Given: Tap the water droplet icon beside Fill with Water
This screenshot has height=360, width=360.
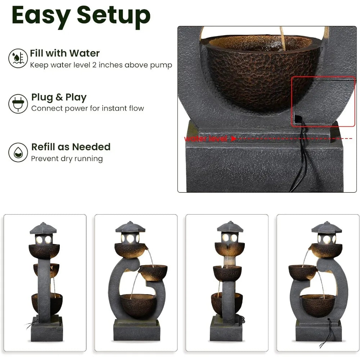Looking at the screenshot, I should [x=18, y=58].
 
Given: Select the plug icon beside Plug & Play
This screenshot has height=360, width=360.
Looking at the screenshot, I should [x=18, y=103].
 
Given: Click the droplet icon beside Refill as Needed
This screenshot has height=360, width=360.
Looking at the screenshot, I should [x=18, y=152].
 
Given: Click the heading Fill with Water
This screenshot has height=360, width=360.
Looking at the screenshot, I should [x=65, y=53].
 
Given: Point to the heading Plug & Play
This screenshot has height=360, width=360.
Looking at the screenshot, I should [x=59, y=97].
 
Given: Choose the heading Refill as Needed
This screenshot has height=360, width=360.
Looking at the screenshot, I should [x=71, y=147].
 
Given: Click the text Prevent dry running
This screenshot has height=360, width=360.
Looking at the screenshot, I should [x=67, y=159].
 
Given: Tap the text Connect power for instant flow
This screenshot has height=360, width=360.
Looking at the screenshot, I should [x=87, y=108].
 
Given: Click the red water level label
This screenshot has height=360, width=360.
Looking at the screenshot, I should [x=206, y=139].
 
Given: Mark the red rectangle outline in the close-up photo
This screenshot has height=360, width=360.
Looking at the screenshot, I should [x=323, y=77].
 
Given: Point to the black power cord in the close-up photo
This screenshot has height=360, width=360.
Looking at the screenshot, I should [x=301, y=158].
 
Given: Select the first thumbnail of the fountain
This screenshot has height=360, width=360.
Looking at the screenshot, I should [x=45, y=283].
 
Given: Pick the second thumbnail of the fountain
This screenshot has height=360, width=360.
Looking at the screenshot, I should [x=136, y=283].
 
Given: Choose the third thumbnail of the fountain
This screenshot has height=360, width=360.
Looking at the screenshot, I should [x=227, y=283].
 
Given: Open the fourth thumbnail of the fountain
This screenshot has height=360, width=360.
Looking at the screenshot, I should [x=318, y=283].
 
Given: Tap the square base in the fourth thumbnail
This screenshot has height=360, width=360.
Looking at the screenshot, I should [x=318, y=331].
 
